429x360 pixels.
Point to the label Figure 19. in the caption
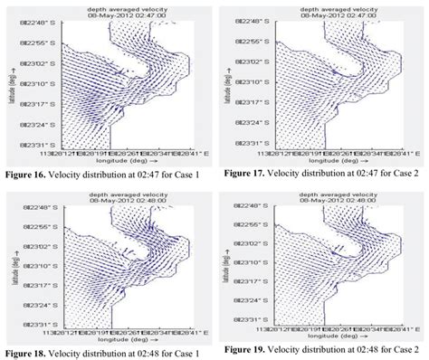pos(246,348)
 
